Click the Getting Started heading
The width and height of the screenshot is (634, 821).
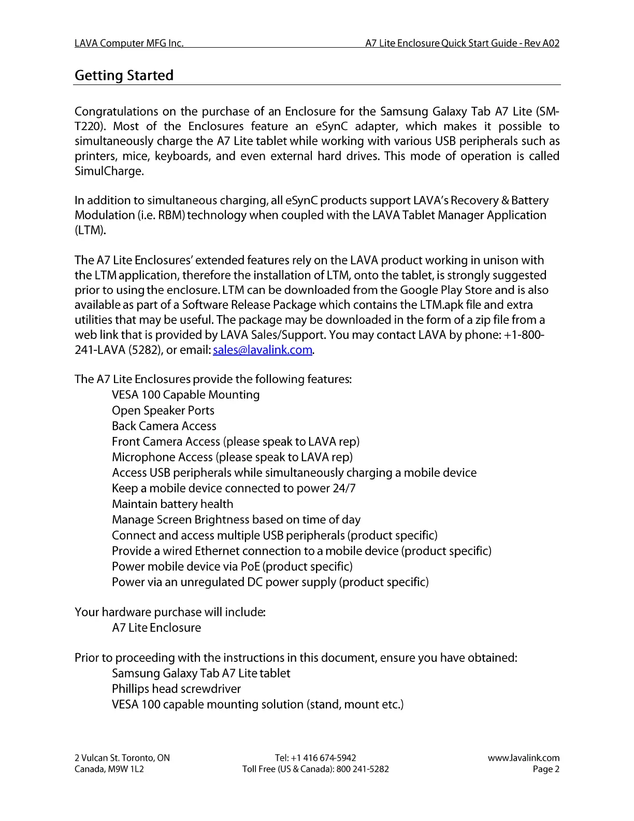pyautogui.click(x=124, y=76)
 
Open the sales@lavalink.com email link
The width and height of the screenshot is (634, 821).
pyautogui.click(x=263, y=350)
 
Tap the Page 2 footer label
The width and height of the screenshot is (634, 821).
pyautogui.click(x=546, y=769)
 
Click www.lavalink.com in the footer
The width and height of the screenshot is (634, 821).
pyautogui.click(x=523, y=758)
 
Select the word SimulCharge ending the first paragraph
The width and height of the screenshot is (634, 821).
pyautogui.click(x=108, y=171)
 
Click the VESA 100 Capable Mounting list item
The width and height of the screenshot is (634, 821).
pyautogui.click(x=185, y=395)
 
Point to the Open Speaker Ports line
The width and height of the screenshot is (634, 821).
pyautogui.click(x=163, y=410)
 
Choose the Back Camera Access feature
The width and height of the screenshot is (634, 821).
pyautogui.click(x=164, y=426)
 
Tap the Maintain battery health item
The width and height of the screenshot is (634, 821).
pyautogui.click(x=172, y=504)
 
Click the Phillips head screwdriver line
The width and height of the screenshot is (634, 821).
pyautogui.click(x=176, y=689)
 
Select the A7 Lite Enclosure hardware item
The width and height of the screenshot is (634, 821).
pyautogui.click(x=156, y=628)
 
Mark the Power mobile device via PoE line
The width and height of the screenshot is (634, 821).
pyautogui.click(x=232, y=567)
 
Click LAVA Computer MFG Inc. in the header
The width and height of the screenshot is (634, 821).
pyautogui.click(x=129, y=43)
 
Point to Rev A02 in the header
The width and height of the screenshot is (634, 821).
pyautogui.click(x=541, y=43)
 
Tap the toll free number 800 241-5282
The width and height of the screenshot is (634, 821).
pyautogui.click(x=363, y=769)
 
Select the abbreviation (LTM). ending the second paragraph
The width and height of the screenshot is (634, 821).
pyautogui.click(x=90, y=230)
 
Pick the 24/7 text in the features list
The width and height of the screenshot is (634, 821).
pyautogui.click(x=344, y=488)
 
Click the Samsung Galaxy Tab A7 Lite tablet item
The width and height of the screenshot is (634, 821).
pyautogui.click(x=201, y=673)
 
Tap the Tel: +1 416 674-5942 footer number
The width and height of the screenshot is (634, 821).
pyautogui.click(x=315, y=758)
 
